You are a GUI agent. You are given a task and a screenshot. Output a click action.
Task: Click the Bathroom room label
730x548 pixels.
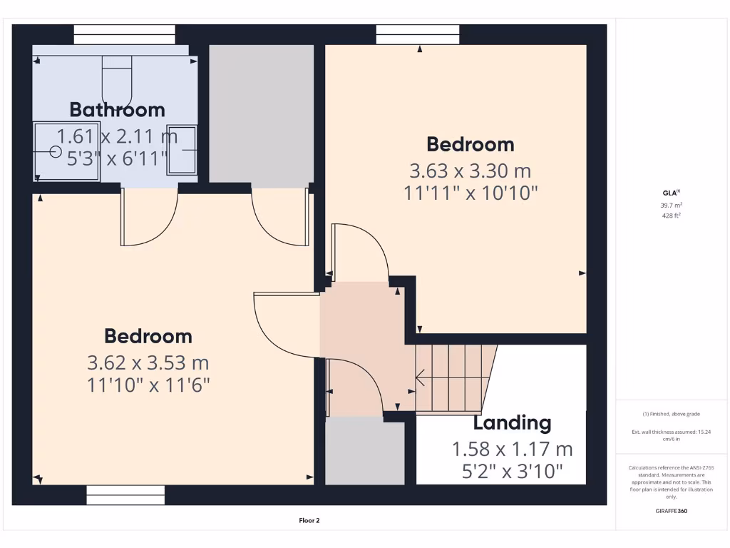(117, 110)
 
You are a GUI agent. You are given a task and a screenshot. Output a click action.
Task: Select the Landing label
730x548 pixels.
(512, 423)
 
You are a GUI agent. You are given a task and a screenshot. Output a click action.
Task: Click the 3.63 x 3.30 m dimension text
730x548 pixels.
(470, 171)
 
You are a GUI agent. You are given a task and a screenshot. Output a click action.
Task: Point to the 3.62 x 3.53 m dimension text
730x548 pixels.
(148, 363)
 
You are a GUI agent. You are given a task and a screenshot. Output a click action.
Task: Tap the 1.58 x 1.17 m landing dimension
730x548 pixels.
(512, 450)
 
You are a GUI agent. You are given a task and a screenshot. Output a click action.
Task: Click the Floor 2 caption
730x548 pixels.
(309, 521)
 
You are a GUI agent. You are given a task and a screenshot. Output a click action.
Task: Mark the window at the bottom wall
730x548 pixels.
(125, 495)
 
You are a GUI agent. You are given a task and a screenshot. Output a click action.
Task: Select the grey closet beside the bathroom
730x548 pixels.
(261, 114)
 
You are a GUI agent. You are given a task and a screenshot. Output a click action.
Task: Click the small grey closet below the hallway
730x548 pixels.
(364, 453)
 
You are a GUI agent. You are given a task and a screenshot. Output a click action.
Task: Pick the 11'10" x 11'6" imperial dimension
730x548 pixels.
(148, 385)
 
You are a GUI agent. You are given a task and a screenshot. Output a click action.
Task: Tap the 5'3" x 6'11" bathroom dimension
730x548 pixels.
(117, 158)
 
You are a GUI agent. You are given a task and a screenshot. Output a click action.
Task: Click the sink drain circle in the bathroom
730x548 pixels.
(56, 151)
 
